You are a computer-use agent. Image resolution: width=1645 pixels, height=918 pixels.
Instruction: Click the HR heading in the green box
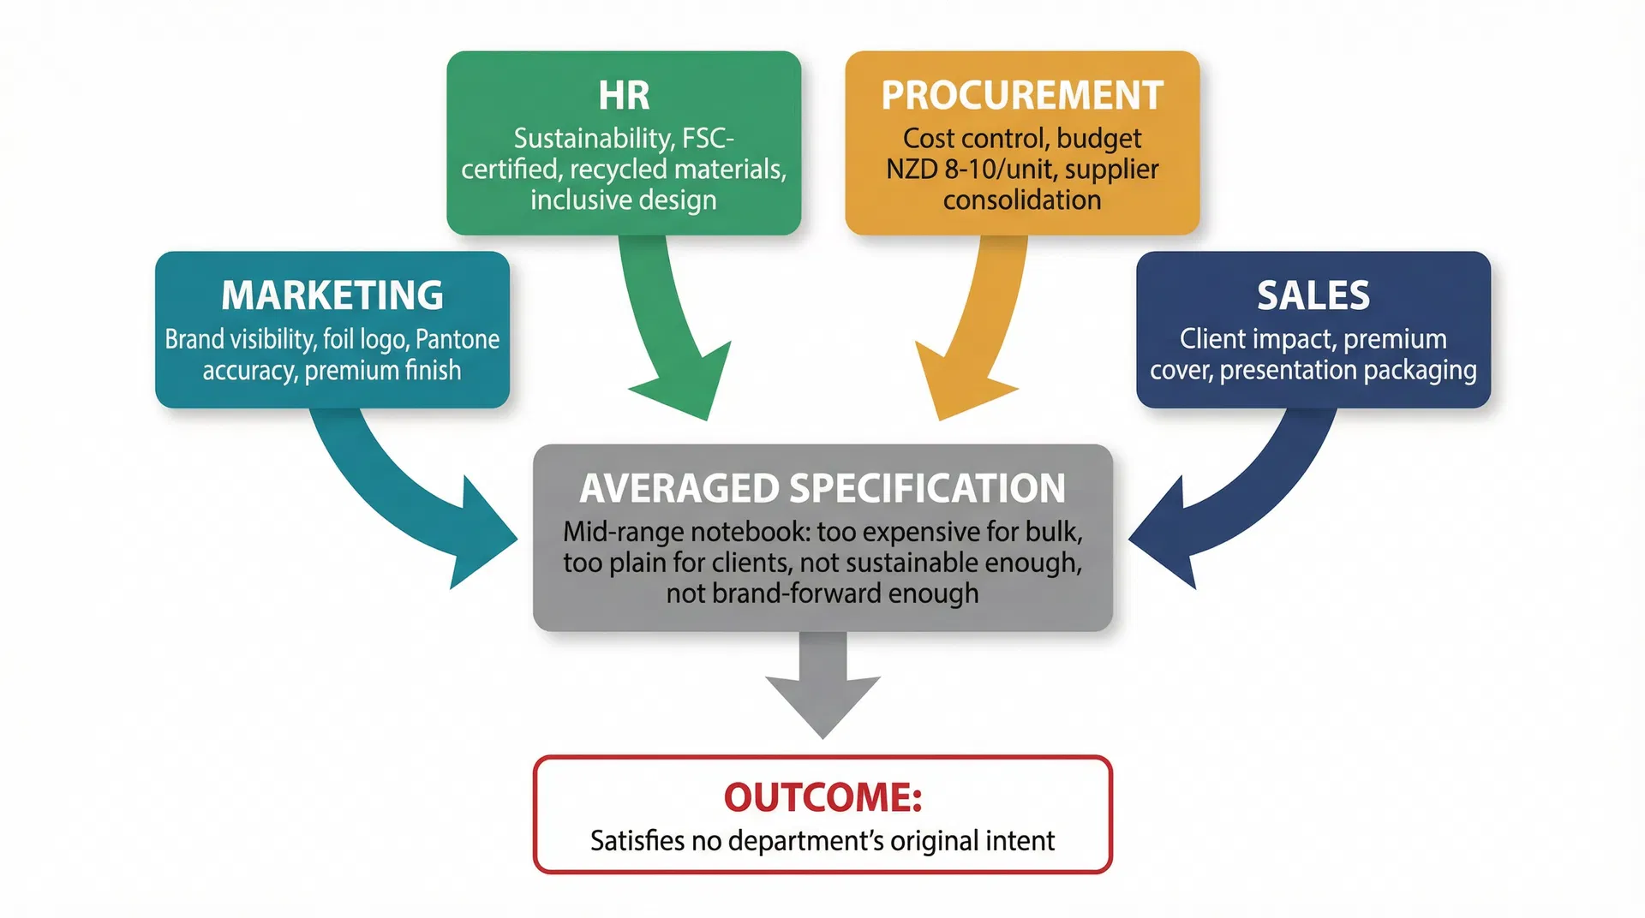point(624,95)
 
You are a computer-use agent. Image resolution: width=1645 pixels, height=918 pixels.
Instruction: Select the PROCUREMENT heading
point(1022,95)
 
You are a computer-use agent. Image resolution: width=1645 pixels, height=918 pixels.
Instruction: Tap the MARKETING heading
point(332,295)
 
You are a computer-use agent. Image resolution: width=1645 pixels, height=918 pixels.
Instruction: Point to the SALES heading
point(1313,295)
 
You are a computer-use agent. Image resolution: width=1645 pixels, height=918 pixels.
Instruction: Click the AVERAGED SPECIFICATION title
point(822,488)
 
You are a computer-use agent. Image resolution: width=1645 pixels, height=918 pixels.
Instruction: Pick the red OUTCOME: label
point(822,797)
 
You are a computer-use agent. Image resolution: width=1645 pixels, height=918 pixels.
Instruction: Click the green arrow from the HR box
point(672,343)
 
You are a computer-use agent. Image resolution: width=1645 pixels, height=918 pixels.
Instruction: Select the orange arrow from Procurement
point(973,343)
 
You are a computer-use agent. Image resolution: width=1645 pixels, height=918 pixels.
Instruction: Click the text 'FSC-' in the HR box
point(708,139)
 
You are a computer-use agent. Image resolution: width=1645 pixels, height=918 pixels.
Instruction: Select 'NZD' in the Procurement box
point(912,170)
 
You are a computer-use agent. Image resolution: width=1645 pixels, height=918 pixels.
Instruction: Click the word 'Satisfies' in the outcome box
point(637,841)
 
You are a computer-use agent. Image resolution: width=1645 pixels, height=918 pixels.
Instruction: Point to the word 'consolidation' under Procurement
point(1022,200)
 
